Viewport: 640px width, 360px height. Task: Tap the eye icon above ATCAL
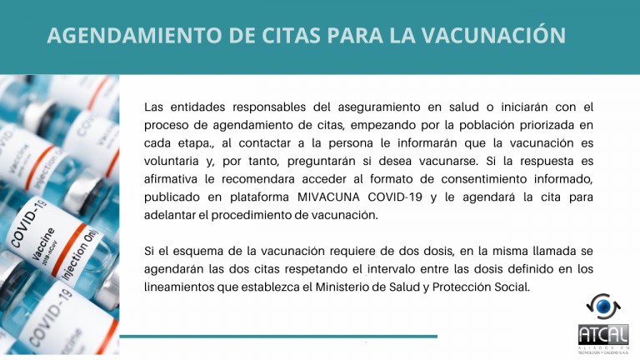pos(602,306)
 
